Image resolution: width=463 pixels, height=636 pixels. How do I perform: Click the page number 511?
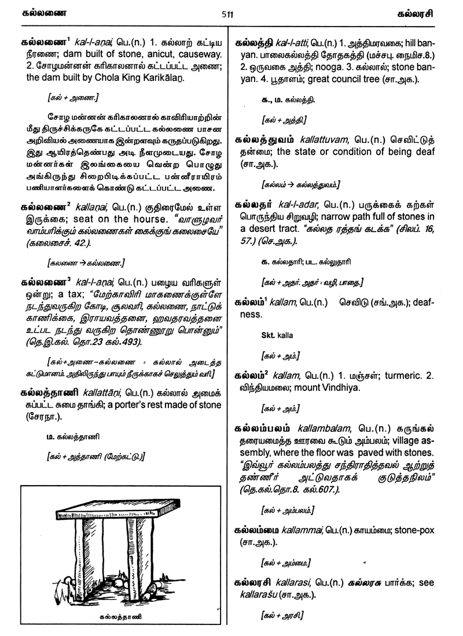click(x=227, y=15)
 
